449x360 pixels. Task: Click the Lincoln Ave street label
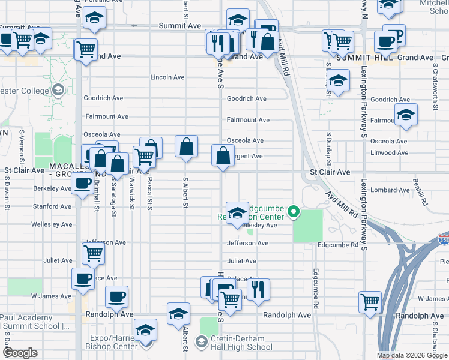[167, 77]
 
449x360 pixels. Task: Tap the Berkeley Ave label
[52, 188]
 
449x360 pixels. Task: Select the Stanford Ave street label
[53, 206]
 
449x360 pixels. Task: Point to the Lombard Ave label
[390, 190]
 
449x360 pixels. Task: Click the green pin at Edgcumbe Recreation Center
[294, 211]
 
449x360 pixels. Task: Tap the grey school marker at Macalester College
[58, 91]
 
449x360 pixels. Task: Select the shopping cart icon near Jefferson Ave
[93, 254]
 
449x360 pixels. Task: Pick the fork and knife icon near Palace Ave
[258, 289]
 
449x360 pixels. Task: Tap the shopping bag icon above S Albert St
[187, 146]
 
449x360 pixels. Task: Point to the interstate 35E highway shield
[442, 239]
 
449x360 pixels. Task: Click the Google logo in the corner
[20, 353]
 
